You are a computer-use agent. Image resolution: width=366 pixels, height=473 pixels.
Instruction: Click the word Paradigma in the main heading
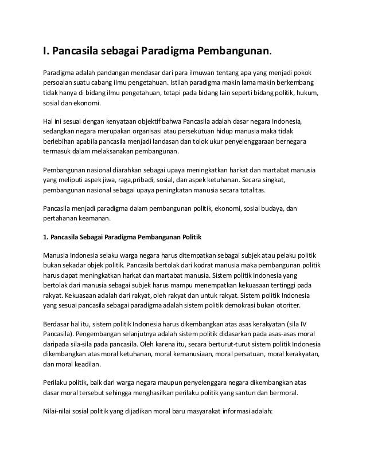pos(166,53)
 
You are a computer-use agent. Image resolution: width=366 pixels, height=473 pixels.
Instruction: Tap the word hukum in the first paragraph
pos(308,92)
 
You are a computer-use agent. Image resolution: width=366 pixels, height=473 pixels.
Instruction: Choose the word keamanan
pos(95,218)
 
